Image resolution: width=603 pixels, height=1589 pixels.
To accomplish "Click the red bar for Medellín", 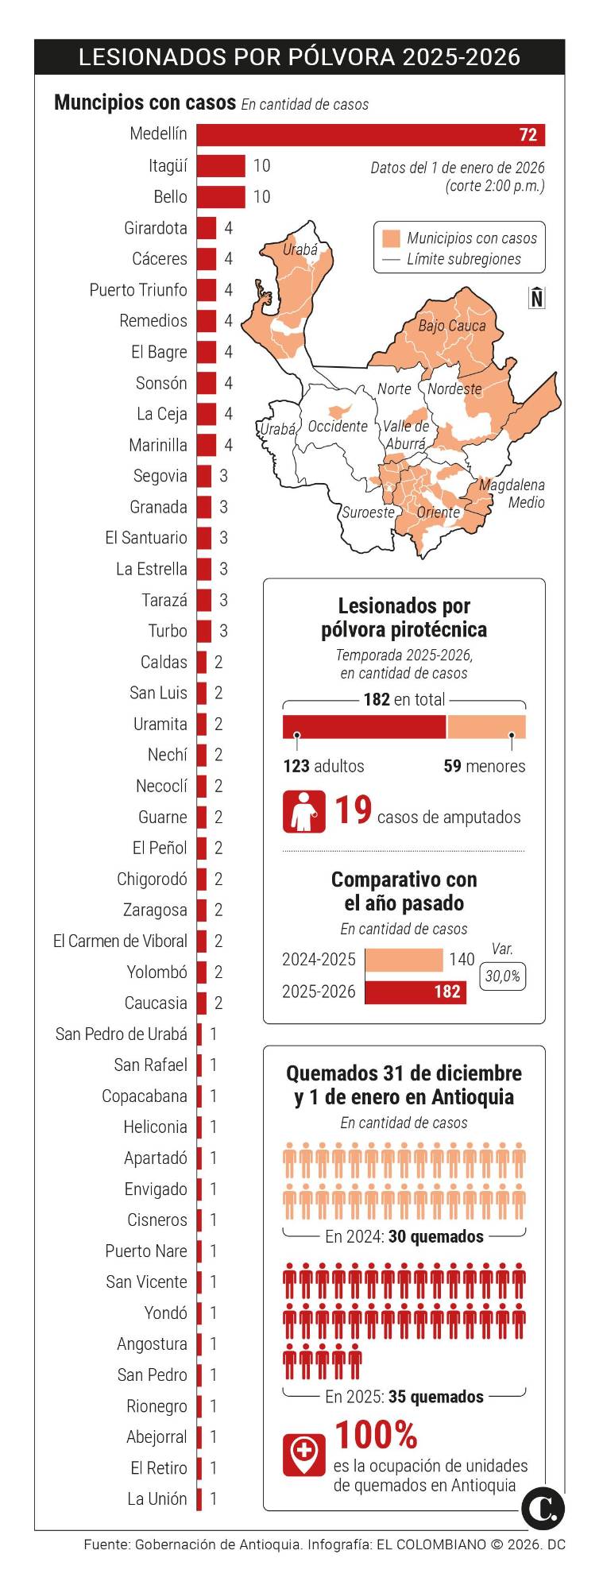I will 370,135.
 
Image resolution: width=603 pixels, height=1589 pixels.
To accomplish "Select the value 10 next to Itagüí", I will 261,166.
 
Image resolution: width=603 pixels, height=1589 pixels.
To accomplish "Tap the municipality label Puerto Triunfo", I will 138,290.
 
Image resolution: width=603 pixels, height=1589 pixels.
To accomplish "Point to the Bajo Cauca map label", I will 451,326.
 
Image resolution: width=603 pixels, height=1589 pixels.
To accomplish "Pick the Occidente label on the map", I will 338,427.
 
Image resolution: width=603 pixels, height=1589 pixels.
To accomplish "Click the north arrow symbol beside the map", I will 537,297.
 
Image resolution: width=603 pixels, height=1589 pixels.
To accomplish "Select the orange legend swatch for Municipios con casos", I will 391,238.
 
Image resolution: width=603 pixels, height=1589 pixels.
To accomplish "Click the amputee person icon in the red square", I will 303,812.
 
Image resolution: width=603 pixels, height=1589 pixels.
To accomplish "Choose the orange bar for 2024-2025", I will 404,960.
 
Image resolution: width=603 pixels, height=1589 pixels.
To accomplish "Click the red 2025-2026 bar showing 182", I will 416,992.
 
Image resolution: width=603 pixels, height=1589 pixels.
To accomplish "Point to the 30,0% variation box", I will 502,976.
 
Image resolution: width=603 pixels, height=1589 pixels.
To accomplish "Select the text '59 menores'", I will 484,766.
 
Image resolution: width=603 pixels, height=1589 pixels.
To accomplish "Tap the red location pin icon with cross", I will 303,1454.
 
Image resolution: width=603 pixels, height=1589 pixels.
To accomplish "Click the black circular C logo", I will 543,1508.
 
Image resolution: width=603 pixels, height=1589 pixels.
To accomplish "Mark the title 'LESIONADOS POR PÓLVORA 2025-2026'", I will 300,57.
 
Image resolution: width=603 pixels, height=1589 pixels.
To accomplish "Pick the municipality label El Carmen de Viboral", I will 120,941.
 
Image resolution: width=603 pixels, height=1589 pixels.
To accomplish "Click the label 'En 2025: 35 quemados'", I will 404,1397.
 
